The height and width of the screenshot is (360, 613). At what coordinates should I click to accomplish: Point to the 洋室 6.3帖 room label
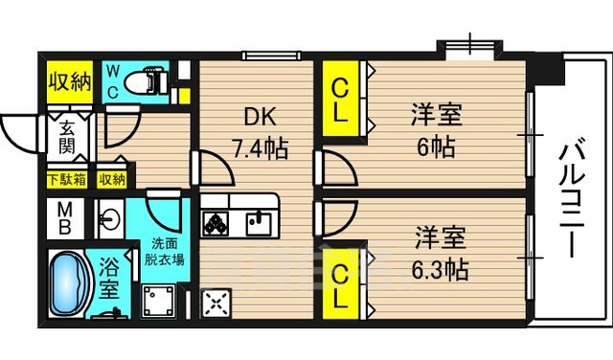coord(441,253)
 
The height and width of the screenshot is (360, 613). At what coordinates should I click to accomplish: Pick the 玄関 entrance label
coord(69,140)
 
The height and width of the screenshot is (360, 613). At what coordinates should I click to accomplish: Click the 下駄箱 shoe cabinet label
coord(66,179)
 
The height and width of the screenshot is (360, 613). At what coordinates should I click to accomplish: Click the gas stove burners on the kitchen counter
coord(216,222)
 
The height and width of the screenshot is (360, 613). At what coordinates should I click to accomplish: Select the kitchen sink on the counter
coord(257,222)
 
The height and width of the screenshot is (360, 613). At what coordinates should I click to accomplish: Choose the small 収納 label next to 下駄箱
coord(111,179)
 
